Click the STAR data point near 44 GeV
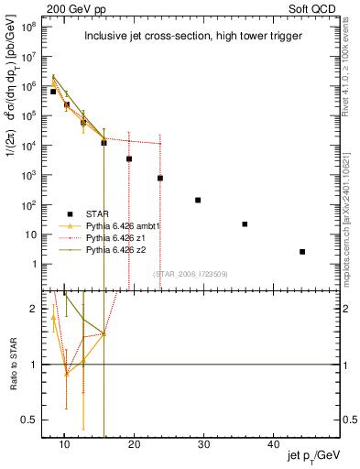click(302, 251)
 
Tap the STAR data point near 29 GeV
click(198, 200)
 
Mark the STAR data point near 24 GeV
click(160, 178)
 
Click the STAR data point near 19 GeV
click(129, 158)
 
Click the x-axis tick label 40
click(274, 443)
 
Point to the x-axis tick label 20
click(134, 443)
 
